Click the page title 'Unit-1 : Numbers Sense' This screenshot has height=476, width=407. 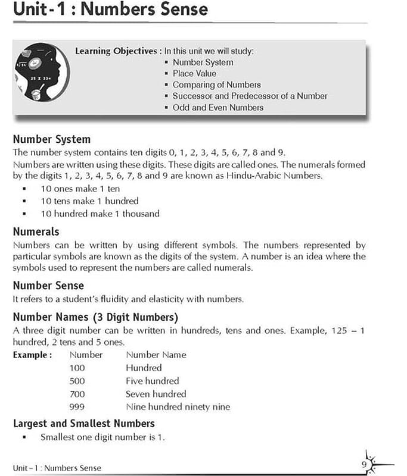(x=110, y=10)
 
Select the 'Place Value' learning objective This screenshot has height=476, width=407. (x=195, y=73)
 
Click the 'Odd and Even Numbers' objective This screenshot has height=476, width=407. (x=218, y=107)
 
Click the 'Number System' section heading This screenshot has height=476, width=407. (x=51, y=139)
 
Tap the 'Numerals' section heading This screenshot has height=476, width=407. (x=36, y=231)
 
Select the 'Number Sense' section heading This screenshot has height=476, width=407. (x=48, y=286)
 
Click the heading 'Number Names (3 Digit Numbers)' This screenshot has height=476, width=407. (x=95, y=317)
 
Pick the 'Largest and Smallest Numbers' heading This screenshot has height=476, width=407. (x=83, y=423)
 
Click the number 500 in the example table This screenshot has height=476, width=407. (x=77, y=381)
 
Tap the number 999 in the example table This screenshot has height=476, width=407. (x=77, y=407)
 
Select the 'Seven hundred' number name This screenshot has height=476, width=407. (x=156, y=394)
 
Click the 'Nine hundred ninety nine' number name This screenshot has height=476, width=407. (x=178, y=407)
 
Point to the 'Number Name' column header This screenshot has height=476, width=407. (x=156, y=355)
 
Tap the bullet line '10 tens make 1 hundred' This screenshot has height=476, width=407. (x=89, y=201)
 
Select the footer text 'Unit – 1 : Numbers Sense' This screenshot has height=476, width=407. (x=57, y=468)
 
